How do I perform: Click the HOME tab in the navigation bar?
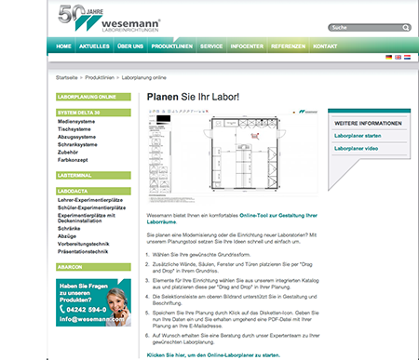point(63,45)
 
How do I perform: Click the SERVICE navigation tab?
point(211,45)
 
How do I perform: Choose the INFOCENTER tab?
point(248,45)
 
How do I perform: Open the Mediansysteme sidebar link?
point(78,119)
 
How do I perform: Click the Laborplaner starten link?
point(358,136)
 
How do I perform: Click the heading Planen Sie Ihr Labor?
point(191,96)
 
